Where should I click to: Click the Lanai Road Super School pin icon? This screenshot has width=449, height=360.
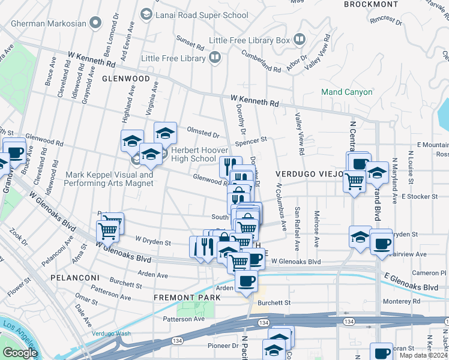coord(146,14)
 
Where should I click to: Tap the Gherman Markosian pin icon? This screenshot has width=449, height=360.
coord(95,23)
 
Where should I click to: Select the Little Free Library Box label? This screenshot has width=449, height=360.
coord(250,41)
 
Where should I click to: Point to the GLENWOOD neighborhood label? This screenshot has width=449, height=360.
coord(125,79)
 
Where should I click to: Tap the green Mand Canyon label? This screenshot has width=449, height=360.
coord(346,92)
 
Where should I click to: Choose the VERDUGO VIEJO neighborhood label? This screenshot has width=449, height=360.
coord(309,174)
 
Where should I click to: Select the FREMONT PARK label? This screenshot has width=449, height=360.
coord(183,298)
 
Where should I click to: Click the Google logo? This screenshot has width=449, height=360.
coord(20,353)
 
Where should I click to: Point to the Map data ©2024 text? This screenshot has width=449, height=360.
coord(423,355)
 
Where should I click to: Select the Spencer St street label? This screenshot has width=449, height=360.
coord(250,141)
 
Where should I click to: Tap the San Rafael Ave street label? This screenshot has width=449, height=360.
coord(297,229)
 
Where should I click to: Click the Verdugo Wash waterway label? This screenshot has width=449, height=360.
coord(111,334)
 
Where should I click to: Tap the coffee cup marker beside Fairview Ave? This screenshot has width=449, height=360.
coord(381,244)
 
